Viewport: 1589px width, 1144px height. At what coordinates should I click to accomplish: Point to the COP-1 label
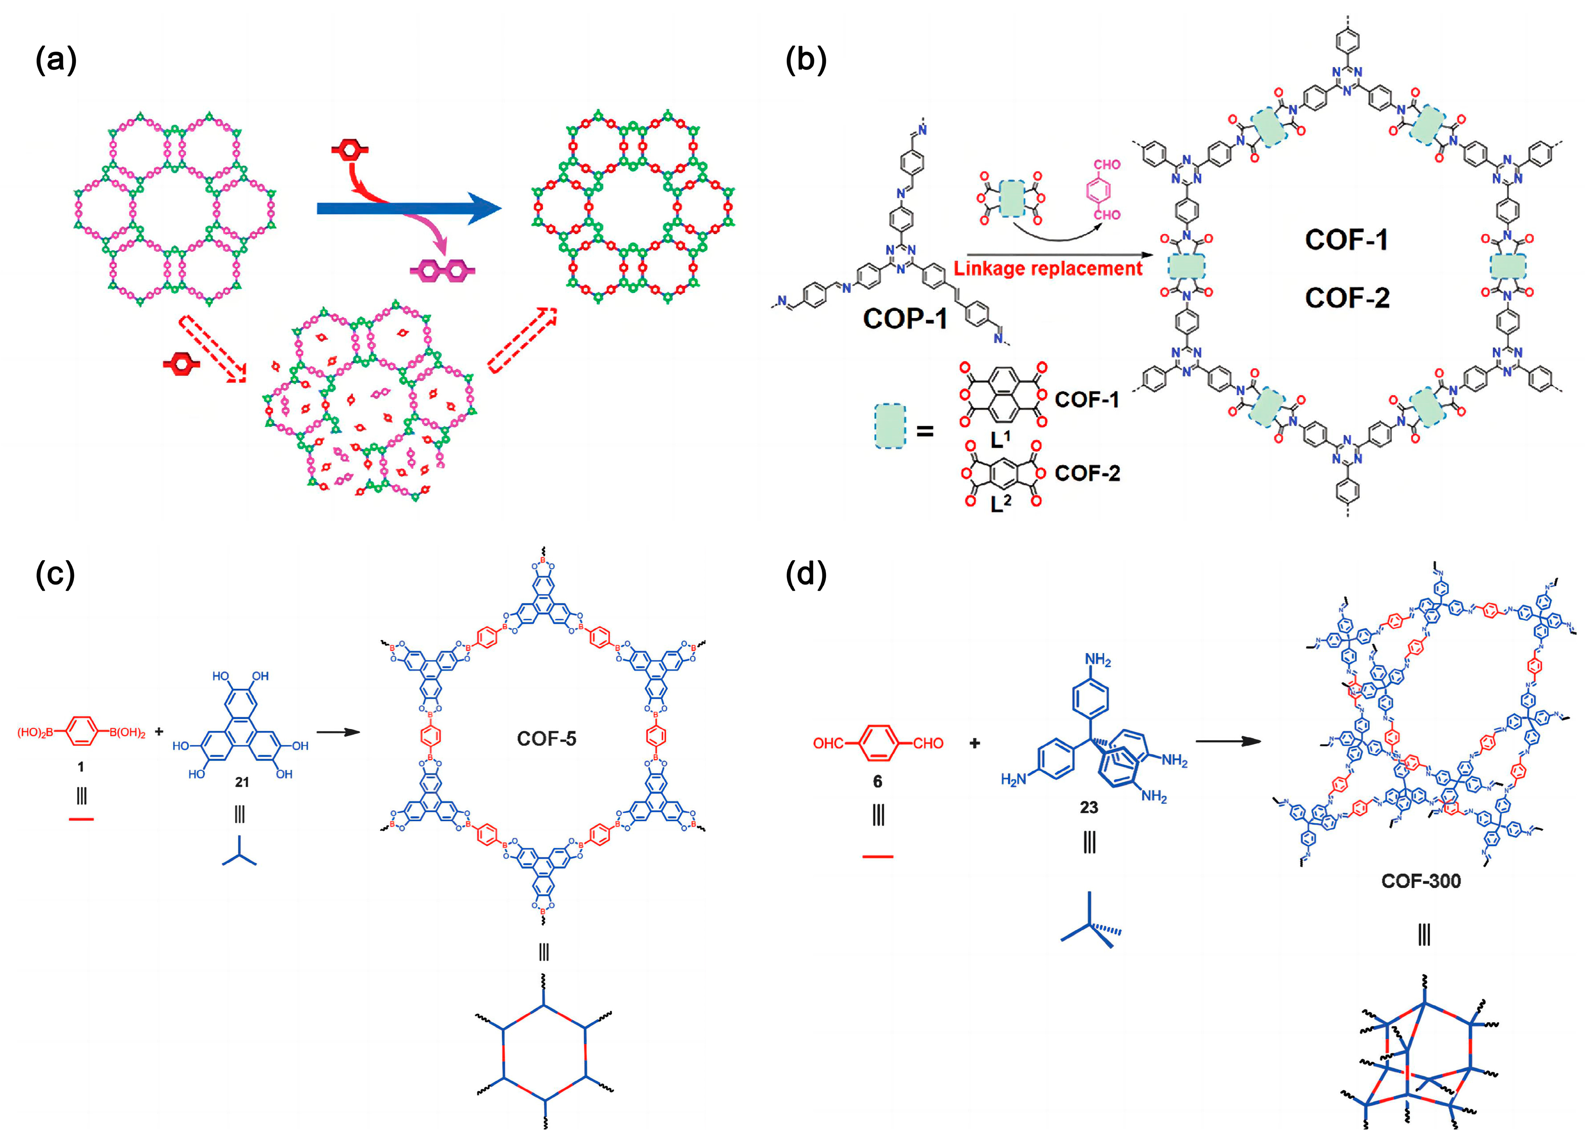(x=905, y=319)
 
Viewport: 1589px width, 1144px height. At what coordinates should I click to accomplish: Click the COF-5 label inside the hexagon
(x=547, y=738)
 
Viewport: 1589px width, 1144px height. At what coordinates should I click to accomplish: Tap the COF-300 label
(x=1421, y=881)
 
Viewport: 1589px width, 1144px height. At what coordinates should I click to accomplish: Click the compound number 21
(x=242, y=782)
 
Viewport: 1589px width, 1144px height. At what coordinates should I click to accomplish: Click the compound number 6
(x=877, y=781)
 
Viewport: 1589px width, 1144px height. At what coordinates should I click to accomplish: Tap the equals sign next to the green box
(x=925, y=431)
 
